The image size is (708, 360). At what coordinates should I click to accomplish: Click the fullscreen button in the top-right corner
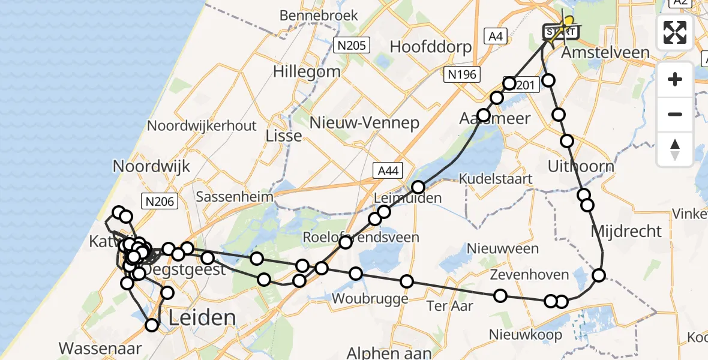[675, 32]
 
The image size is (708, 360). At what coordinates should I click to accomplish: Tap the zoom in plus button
[675, 80]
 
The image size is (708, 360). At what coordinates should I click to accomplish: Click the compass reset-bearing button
[675, 149]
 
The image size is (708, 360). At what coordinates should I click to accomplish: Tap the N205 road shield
[352, 45]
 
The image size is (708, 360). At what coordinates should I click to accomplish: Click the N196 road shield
[461, 74]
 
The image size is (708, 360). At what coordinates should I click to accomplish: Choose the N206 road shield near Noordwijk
[159, 202]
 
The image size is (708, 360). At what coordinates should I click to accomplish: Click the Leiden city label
[202, 317]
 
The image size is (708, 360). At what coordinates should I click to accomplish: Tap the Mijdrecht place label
[626, 231]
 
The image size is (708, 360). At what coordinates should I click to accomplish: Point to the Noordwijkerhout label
[202, 126]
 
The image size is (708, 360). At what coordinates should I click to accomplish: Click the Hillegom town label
[307, 71]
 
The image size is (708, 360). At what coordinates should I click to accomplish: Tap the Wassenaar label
[101, 347]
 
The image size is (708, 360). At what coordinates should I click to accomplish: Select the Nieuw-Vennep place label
[364, 123]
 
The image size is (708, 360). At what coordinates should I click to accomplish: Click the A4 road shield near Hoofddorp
[496, 37]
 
